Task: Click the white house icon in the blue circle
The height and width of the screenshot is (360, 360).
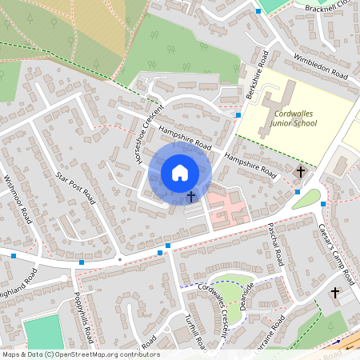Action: [x=180, y=173]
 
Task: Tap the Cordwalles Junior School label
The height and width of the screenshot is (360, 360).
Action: [x=290, y=118]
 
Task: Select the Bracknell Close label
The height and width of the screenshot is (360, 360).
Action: [x=330, y=7]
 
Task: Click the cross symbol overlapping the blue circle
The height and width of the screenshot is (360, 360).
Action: [x=191, y=195]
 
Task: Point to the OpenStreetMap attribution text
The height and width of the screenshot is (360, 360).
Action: [x=80, y=354]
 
